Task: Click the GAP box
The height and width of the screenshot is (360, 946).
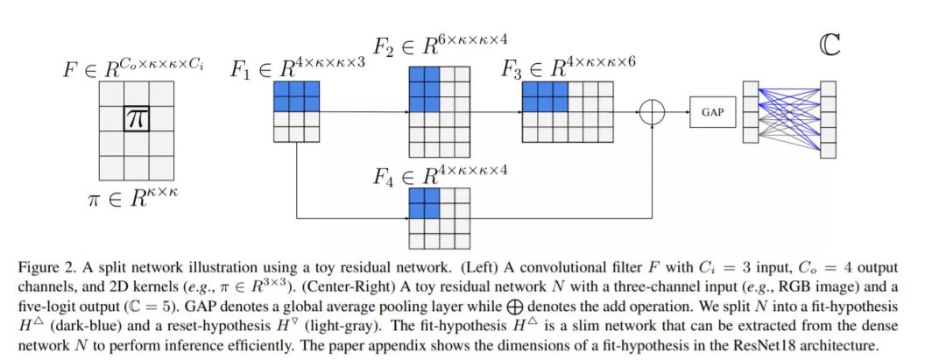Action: point(713,111)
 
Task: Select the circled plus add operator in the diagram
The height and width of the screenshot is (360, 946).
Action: point(653,111)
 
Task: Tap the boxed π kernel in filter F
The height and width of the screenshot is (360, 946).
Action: point(137,119)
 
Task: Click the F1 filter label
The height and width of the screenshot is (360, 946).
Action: point(298,68)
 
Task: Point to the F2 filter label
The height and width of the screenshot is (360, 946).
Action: point(441,46)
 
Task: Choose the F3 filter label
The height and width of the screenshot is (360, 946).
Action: point(569,67)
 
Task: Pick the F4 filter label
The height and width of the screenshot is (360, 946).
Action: point(441,175)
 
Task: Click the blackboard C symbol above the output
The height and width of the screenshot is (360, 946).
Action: point(830,46)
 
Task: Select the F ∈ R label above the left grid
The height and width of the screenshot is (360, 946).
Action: point(133,68)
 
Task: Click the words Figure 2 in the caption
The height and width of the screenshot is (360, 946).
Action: point(40,267)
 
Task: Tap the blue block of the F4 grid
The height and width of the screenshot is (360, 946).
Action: point(424,202)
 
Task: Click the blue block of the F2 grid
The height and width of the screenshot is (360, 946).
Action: point(424,89)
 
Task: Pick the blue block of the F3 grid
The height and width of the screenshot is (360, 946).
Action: point(545,97)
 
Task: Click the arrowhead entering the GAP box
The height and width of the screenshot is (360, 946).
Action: point(687,111)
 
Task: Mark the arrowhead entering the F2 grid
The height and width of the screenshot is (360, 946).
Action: point(406,111)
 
